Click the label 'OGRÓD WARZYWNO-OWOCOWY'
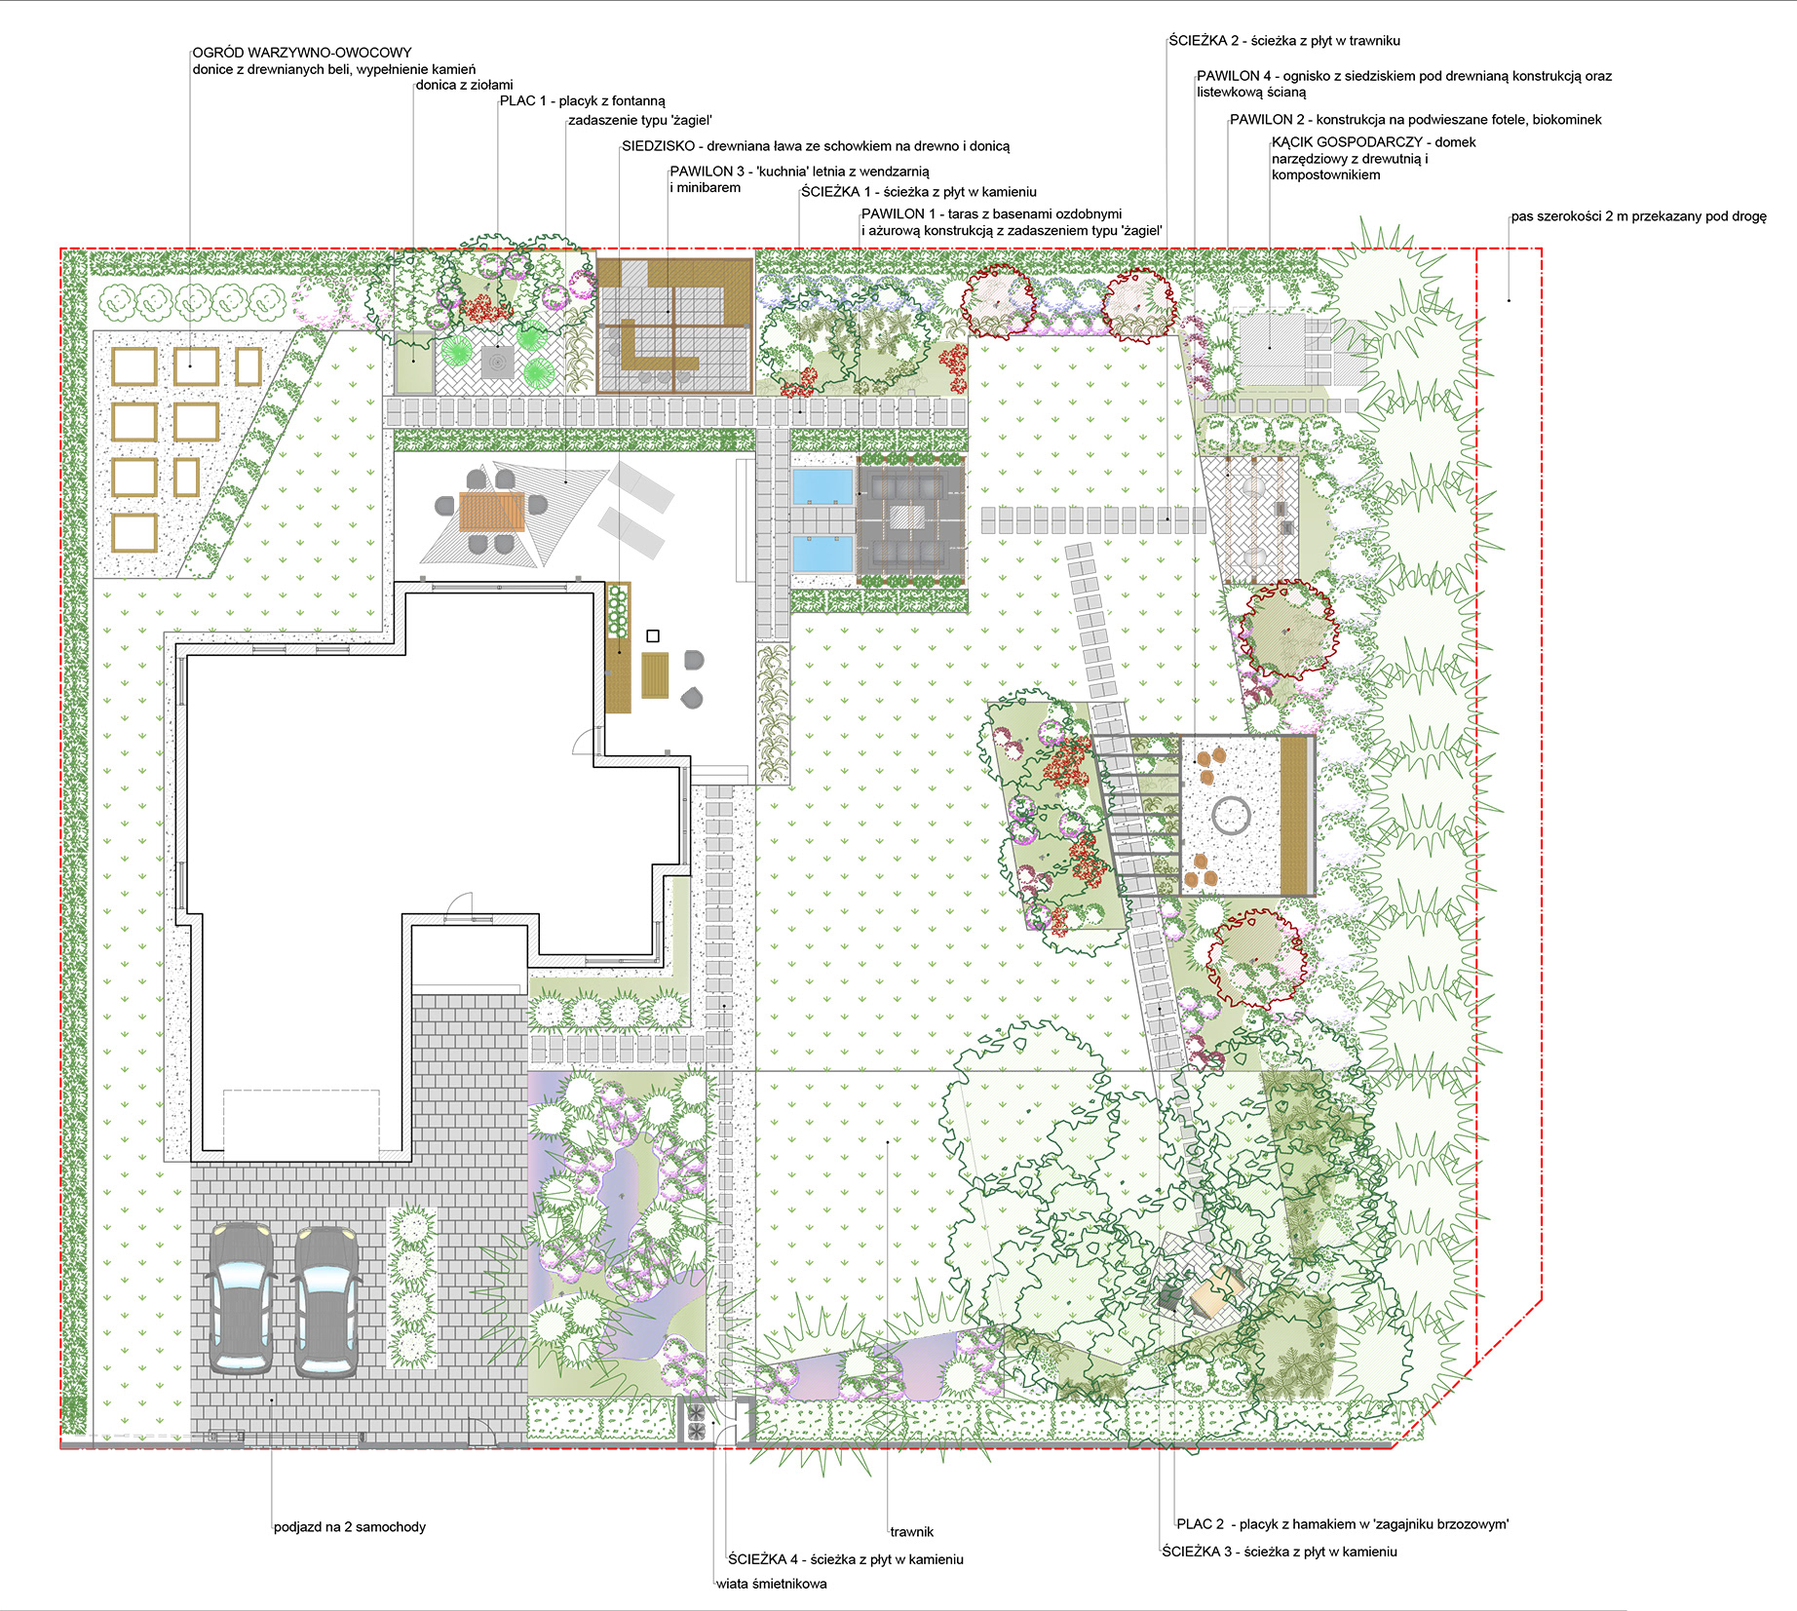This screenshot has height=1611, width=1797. (x=302, y=53)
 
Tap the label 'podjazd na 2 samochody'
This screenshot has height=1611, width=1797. (x=350, y=1527)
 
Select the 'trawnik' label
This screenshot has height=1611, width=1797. (x=912, y=1532)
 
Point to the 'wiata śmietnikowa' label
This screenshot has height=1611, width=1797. (x=772, y=1584)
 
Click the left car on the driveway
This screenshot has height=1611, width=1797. (x=242, y=1298)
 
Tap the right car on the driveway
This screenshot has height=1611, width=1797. (x=326, y=1301)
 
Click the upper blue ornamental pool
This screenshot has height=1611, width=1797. (x=822, y=486)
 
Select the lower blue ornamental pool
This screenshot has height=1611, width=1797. (x=822, y=554)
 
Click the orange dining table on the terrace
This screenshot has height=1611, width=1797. (x=492, y=511)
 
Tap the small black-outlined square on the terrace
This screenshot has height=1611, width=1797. (x=654, y=636)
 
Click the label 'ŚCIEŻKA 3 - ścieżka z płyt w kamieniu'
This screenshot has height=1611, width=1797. (x=1280, y=1552)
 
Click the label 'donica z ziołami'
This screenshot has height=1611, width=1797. (x=464, y=85)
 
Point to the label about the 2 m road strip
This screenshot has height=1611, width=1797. (x=1639, y=216)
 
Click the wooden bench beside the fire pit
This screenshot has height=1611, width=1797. (x=1293, y=816)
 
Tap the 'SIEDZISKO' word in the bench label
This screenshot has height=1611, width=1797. (x=659, y=146)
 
